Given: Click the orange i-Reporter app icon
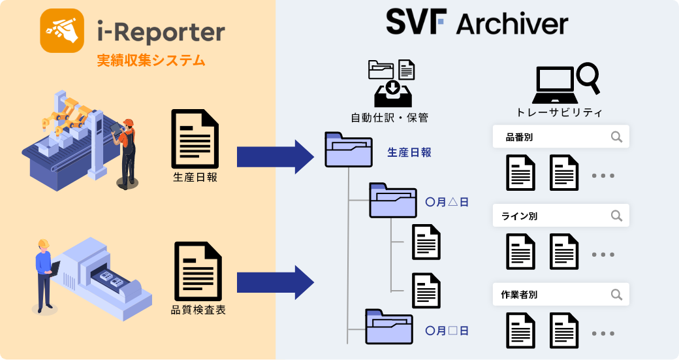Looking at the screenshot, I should point(63,30).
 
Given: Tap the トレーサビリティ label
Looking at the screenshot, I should point(558,112).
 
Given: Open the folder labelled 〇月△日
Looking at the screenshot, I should point(393,200).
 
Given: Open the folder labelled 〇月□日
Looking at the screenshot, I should point(389,326).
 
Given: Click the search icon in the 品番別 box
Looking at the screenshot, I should point(616,137).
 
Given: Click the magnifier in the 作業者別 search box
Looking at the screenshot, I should point(616,295).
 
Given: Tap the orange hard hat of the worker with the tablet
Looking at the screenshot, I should point(129,122).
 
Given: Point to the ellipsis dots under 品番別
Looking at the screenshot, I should point(603,176).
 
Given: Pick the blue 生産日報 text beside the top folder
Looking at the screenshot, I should point(409,152).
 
